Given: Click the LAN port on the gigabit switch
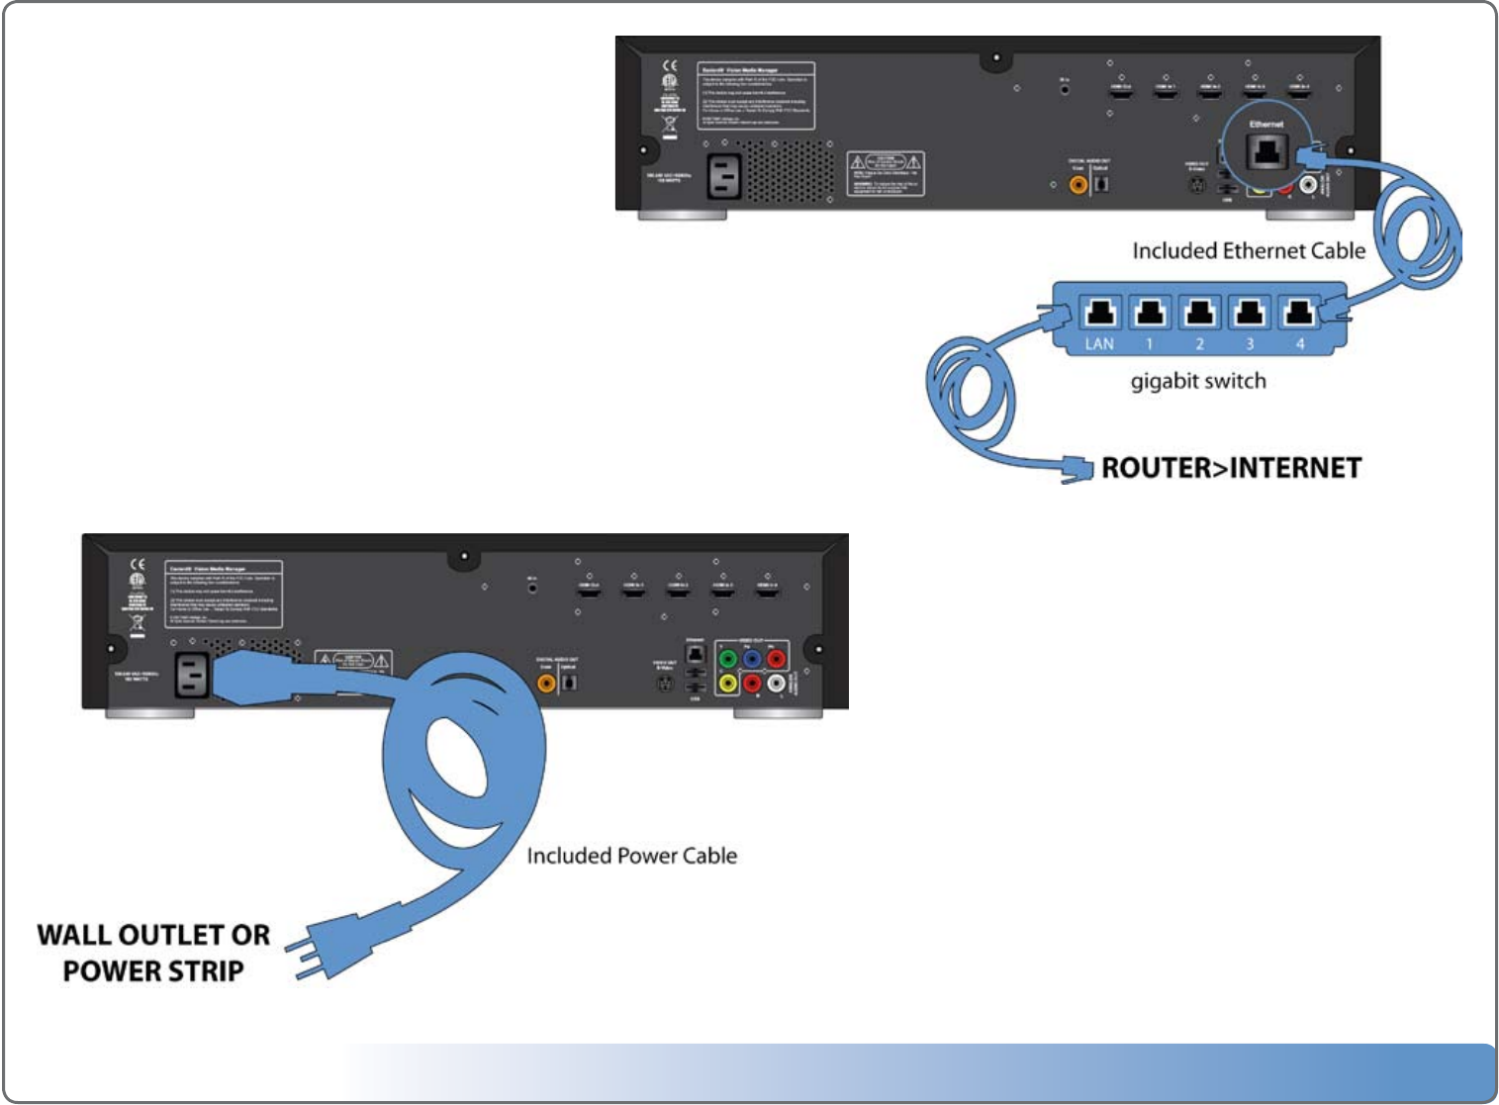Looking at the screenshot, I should [1100, 314].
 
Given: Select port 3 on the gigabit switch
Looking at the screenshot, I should [1250, 314].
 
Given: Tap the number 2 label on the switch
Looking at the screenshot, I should [1199, 344].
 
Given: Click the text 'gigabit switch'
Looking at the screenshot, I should [1198, 381].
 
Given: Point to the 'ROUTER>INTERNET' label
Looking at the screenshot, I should [1231, 468].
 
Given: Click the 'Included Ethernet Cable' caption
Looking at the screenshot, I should [1249, 251].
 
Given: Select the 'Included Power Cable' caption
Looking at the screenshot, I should [631, 856].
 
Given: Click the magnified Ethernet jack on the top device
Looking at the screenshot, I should [1266, 152].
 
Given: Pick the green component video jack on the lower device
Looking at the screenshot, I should [728, 659].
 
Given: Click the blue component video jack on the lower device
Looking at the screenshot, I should [752, 659].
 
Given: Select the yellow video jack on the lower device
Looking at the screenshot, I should [728, 683].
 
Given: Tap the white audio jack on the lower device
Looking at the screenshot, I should [777, 683].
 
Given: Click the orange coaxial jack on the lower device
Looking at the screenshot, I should [546, 682].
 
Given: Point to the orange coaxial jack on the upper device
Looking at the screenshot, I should [1078, 184].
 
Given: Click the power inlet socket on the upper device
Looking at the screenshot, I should [724, 177].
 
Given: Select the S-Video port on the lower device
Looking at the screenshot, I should [665, 684].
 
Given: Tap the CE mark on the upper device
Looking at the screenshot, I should [670, 66].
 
